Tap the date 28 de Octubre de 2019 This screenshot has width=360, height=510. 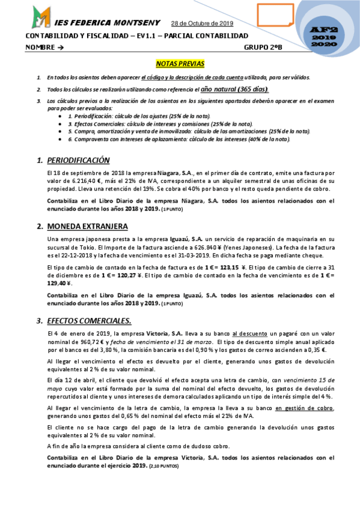coord(202,24)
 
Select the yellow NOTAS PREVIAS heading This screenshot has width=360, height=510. coord(180,63)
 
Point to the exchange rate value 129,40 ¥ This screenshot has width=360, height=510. coord(59,283)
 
